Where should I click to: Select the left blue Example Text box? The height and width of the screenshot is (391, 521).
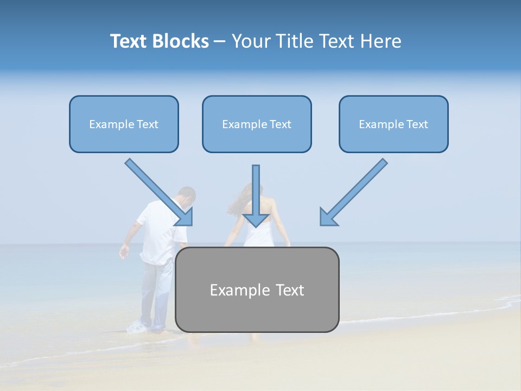[x=124, y=124]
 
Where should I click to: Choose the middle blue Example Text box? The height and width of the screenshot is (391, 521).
[x=257, y=124]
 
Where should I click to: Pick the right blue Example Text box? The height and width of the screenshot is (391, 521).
[x=393, y=124]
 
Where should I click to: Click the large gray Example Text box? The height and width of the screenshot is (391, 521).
[x=257, y=290]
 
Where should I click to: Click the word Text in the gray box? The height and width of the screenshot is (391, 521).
[x=288, y=290]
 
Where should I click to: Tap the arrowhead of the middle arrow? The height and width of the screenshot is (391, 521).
[x=256, y=219]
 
